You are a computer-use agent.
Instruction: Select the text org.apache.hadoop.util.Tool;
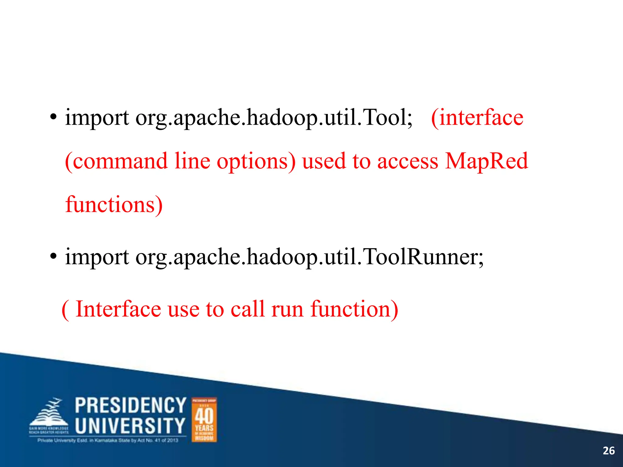click(274, 118)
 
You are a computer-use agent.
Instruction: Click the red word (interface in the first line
click(477, 118)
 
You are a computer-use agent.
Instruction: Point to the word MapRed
click(486, 161)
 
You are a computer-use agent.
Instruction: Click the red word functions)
click(114, 205)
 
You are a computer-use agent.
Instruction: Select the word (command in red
click(116, 161)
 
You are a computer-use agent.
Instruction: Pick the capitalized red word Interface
click(118, 309)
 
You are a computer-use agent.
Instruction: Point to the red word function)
click(354, 309)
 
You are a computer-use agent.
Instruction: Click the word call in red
click(247, 309)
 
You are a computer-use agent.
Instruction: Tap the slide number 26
click(608, 451)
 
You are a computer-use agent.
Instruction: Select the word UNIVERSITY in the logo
click(130, 426)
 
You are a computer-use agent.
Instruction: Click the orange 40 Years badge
click(204, 420)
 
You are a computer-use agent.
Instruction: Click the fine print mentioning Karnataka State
click(108, 440)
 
